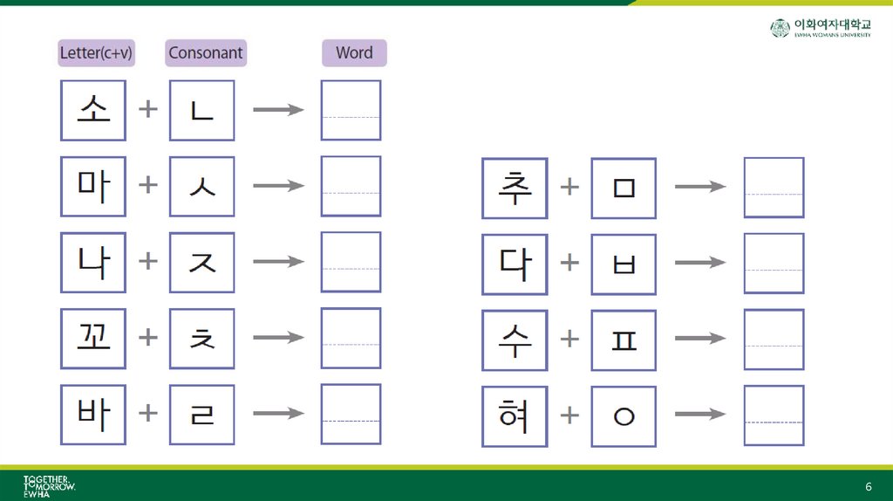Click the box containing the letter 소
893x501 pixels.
pyautogui.click(x=93, y=110)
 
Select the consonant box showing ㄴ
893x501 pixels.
pyautogui.click(x=201, y=110)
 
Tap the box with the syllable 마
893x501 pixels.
pyautogui.click(x=93, y=186)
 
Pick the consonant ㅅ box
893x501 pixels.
pyautogui.click(x=201, y=186)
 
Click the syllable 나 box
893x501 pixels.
pyautogui.click(x=93, y=262)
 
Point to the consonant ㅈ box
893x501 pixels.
pyautogui.click(x=201, y=262)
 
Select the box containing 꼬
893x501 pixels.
pyautogui.click(x=93, y=338)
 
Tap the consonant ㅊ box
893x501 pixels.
pyautogui.click(x=201, y=338)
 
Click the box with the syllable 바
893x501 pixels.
pyautogui.click(x=93, y=414)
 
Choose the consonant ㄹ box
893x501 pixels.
pyautogui.click(x=201, y=414)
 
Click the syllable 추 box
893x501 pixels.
pyautogui.click(x=515, y=188)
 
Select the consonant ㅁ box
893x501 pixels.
pyautogui.click(x=624, y=188)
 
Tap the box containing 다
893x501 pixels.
pyautogui.click(x=515, y=264)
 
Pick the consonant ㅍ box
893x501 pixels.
pyautogui.click(x=624, y=340)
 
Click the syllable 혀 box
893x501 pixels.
pyautogui.click(x=515, y=415)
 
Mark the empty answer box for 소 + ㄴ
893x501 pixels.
pyautogui.click(x=351, y=110)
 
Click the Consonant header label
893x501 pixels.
pyautogui.click(x=206, y=52)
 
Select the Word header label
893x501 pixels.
pyautogui.click(x=354, y=52)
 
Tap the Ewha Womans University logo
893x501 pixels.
pyautogui.click(x=820, y=28)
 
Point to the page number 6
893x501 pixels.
pyautogui.click(x=868, y=485)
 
